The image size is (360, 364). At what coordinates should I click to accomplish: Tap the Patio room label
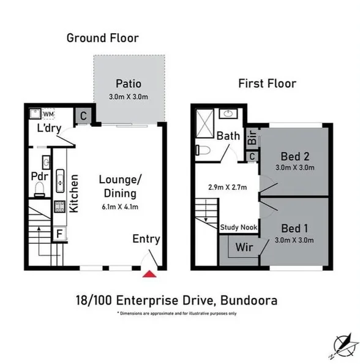pyautogui.click(x=129, y=84)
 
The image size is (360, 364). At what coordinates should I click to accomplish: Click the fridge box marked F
pyautogui.click(x=59, y=234)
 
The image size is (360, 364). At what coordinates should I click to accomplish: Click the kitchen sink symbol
pyautogui.click(x=60, y=181)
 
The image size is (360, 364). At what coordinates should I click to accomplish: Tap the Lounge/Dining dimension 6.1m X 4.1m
pyautogui.click(x=120, y=207)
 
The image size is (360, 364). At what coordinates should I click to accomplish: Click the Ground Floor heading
pyautogui.click(x=102, y=38)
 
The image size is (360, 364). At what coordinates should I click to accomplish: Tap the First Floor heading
pyautogui.click(x=268, y=83)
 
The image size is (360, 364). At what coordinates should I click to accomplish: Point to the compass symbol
pyautogui.click(x=342, y=343)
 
